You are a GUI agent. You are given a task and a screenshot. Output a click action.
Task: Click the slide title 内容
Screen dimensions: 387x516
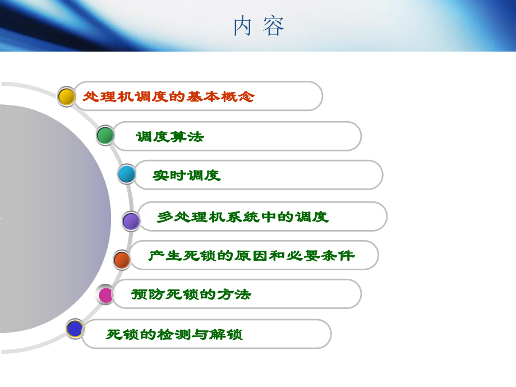259,26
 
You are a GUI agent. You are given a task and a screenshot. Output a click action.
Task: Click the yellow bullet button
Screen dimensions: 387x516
67,96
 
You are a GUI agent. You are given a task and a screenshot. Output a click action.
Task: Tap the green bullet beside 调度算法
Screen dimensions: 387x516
105,135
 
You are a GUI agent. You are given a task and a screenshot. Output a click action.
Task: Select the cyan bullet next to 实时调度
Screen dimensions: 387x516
127,174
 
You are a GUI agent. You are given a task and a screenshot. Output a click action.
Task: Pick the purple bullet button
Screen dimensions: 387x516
131,221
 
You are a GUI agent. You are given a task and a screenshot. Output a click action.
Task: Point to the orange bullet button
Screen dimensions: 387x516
122,260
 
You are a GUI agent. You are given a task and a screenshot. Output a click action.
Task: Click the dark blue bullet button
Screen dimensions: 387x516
75,329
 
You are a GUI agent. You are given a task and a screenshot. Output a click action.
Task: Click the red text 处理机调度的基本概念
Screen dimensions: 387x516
168,96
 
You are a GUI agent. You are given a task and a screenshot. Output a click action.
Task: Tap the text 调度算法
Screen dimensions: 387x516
170,136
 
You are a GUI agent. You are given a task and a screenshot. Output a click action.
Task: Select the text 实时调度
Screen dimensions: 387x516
187,176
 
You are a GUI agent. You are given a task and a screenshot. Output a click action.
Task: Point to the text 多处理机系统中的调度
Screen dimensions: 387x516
242,217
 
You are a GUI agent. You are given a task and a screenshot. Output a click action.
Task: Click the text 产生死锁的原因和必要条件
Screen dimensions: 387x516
251,256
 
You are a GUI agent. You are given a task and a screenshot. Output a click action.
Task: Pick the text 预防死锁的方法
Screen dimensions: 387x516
191,294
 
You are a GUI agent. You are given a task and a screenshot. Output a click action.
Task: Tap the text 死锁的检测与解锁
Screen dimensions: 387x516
174,335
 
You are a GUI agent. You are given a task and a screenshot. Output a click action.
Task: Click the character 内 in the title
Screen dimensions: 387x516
243,26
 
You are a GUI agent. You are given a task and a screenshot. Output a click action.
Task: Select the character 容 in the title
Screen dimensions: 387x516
274,26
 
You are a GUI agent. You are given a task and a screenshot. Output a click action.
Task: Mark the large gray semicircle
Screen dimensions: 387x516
50,219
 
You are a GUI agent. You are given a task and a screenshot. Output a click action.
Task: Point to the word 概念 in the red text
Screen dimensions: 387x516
237,96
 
